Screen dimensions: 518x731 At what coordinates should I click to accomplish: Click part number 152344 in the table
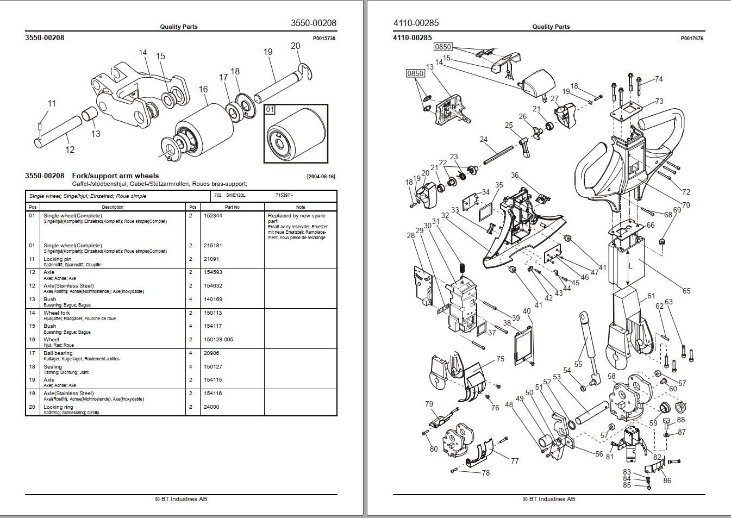(213, 216)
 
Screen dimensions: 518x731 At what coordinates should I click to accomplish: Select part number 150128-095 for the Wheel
(218, 340)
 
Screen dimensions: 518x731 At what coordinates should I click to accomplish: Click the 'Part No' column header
(232, 207)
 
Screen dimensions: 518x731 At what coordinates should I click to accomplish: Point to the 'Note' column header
(301, 207)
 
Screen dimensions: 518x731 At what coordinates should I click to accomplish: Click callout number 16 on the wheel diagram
(203, 90)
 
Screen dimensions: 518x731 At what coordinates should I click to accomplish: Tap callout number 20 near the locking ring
(295, 46)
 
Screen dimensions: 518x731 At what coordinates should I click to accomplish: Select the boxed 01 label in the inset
(270, 110)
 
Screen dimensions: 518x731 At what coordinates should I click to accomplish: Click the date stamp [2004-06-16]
(321, 177)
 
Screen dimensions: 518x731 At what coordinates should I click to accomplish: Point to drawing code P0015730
(324, 39)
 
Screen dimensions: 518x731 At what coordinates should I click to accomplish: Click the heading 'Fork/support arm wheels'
(115, 176)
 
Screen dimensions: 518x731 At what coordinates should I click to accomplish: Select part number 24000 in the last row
(211, 407)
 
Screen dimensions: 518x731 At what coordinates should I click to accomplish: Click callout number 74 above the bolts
(659, 79)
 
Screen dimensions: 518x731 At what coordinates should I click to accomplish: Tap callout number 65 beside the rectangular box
(686, 291)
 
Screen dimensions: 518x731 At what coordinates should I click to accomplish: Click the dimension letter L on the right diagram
(630, 266)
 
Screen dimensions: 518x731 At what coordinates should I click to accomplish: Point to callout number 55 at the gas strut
(578, 364)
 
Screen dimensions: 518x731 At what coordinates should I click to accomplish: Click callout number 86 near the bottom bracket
(667, 480)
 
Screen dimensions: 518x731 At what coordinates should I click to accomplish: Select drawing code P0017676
(692, 39)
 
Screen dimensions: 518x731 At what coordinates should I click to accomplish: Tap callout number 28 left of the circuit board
(410, 235)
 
